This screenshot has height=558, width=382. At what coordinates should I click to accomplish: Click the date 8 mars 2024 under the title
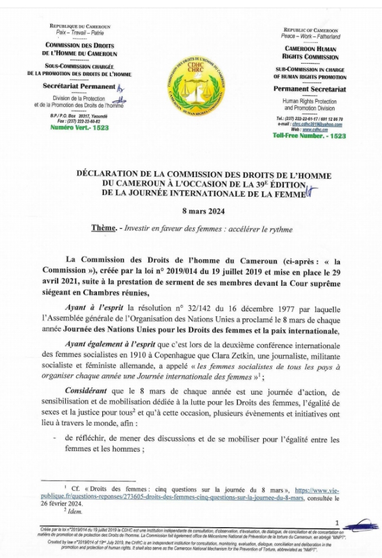coord(190,211)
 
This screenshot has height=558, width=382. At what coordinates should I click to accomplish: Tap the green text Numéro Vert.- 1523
coord(71,128)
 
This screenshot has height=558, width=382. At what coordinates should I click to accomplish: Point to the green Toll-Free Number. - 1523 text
coord(309,136)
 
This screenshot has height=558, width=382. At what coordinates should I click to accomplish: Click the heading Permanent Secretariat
coord(310,90)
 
